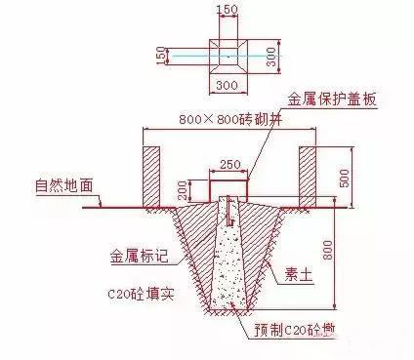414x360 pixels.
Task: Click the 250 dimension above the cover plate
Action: tap(230, 165)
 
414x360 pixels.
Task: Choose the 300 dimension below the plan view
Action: tap(228, 86)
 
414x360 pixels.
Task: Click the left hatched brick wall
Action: tap(152, 176)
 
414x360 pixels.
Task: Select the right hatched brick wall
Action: tap(308, 176)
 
